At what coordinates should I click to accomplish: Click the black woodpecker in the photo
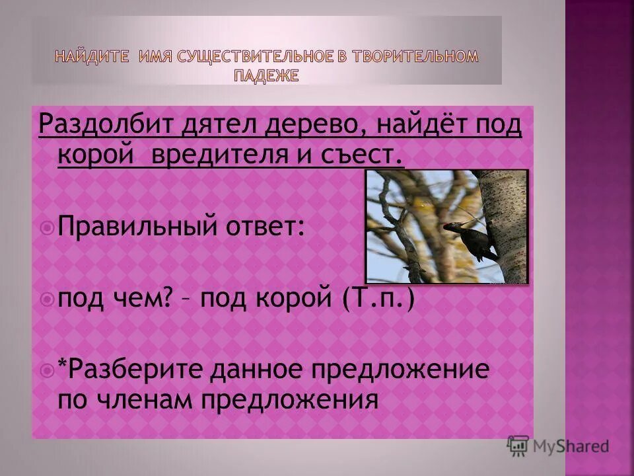469,241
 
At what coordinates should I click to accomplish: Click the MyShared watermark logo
558,446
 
